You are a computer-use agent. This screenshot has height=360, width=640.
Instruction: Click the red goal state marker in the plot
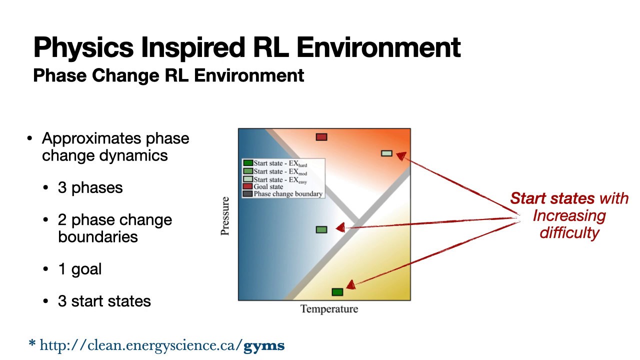[321, 137]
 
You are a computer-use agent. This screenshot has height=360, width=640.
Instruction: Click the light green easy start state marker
[386, 153]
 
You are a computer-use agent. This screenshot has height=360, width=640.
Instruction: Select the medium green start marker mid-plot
[321, 229]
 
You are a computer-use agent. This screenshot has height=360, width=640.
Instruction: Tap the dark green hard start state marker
[337, 292]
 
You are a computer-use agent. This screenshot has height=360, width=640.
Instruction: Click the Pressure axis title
[225, 216]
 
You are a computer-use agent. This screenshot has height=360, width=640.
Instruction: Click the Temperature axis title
[329, 309]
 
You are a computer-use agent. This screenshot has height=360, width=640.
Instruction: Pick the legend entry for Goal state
[268, 186]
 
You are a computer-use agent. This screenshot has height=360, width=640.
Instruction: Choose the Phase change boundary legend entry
[287, 194]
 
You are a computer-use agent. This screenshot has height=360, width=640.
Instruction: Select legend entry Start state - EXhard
[280, 163]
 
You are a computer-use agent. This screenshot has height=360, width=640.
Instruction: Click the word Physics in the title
[83, 47]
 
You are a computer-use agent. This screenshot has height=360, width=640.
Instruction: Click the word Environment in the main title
[378, 47]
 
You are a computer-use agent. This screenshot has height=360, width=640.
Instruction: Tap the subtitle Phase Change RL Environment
[168, 75]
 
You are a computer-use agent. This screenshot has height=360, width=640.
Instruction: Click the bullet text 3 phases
[90, 188]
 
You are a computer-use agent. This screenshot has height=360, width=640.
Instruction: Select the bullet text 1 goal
[79, 269]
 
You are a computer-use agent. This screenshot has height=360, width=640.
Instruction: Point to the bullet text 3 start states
[104, 301]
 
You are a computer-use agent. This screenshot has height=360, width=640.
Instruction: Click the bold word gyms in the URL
[264, 345]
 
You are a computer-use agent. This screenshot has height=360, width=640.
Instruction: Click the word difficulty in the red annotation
[569, 232]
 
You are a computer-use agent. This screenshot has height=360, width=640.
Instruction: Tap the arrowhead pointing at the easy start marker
[400, 155]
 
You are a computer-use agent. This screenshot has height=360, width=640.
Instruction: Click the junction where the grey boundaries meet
[357, 221]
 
